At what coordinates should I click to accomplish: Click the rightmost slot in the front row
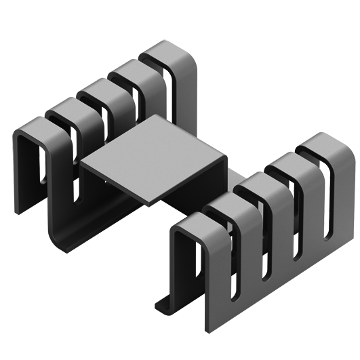point(328,203)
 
